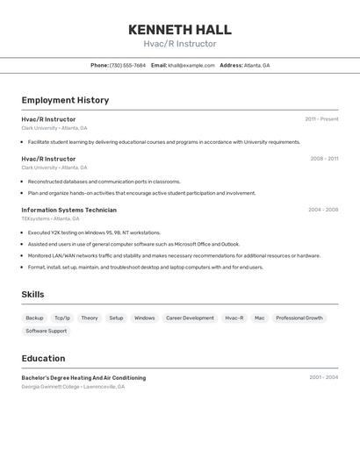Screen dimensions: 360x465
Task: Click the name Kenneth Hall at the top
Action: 179,30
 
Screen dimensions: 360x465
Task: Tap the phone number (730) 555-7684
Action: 127,66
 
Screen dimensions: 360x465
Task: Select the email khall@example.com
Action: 191,66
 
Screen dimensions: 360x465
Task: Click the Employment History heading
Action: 65,100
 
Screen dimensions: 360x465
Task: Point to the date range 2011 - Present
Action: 321,119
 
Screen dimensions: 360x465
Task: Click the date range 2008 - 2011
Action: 324,159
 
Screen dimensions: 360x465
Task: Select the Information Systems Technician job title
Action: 68,211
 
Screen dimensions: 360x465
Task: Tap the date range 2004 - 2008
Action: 323,211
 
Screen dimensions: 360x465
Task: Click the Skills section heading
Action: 32,295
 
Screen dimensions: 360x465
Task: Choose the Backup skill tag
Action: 34,318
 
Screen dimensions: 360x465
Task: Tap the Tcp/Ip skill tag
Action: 62,318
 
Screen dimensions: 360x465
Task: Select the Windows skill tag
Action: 144,318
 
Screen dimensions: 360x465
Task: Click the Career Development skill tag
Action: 190,318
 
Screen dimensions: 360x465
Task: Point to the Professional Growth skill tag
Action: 299,318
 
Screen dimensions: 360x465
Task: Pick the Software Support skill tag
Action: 46,332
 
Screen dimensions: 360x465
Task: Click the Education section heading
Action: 43,359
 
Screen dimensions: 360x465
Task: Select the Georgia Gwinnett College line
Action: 73,386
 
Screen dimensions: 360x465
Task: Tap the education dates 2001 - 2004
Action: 323,378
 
